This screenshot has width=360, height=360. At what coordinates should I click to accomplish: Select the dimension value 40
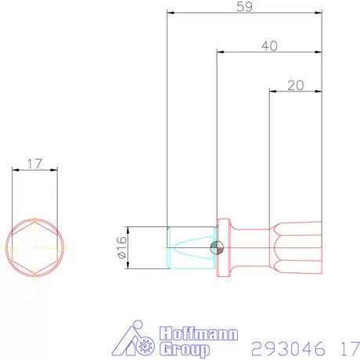[x=269, y=46]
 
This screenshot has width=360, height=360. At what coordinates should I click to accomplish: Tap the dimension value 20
[x=296, y=85]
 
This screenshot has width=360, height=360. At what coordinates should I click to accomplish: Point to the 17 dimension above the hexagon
[x=34, y=164]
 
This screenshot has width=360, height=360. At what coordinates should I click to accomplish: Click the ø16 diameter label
[x=122, y=248]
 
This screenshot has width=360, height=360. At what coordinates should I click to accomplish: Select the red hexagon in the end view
[x=34, y=247]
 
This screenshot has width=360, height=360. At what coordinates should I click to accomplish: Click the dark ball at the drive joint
[x=217, y=248]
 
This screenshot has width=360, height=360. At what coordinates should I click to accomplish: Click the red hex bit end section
[x=297, y=248]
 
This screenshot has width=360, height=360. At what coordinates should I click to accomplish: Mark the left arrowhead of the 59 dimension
[x=171, y=13]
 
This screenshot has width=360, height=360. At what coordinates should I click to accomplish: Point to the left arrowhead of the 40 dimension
[x=221, y=52]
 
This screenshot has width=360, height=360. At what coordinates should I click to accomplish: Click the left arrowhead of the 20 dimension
[x=272, y=91]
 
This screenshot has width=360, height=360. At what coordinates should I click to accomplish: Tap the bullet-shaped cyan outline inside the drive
[x=193, y=248]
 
